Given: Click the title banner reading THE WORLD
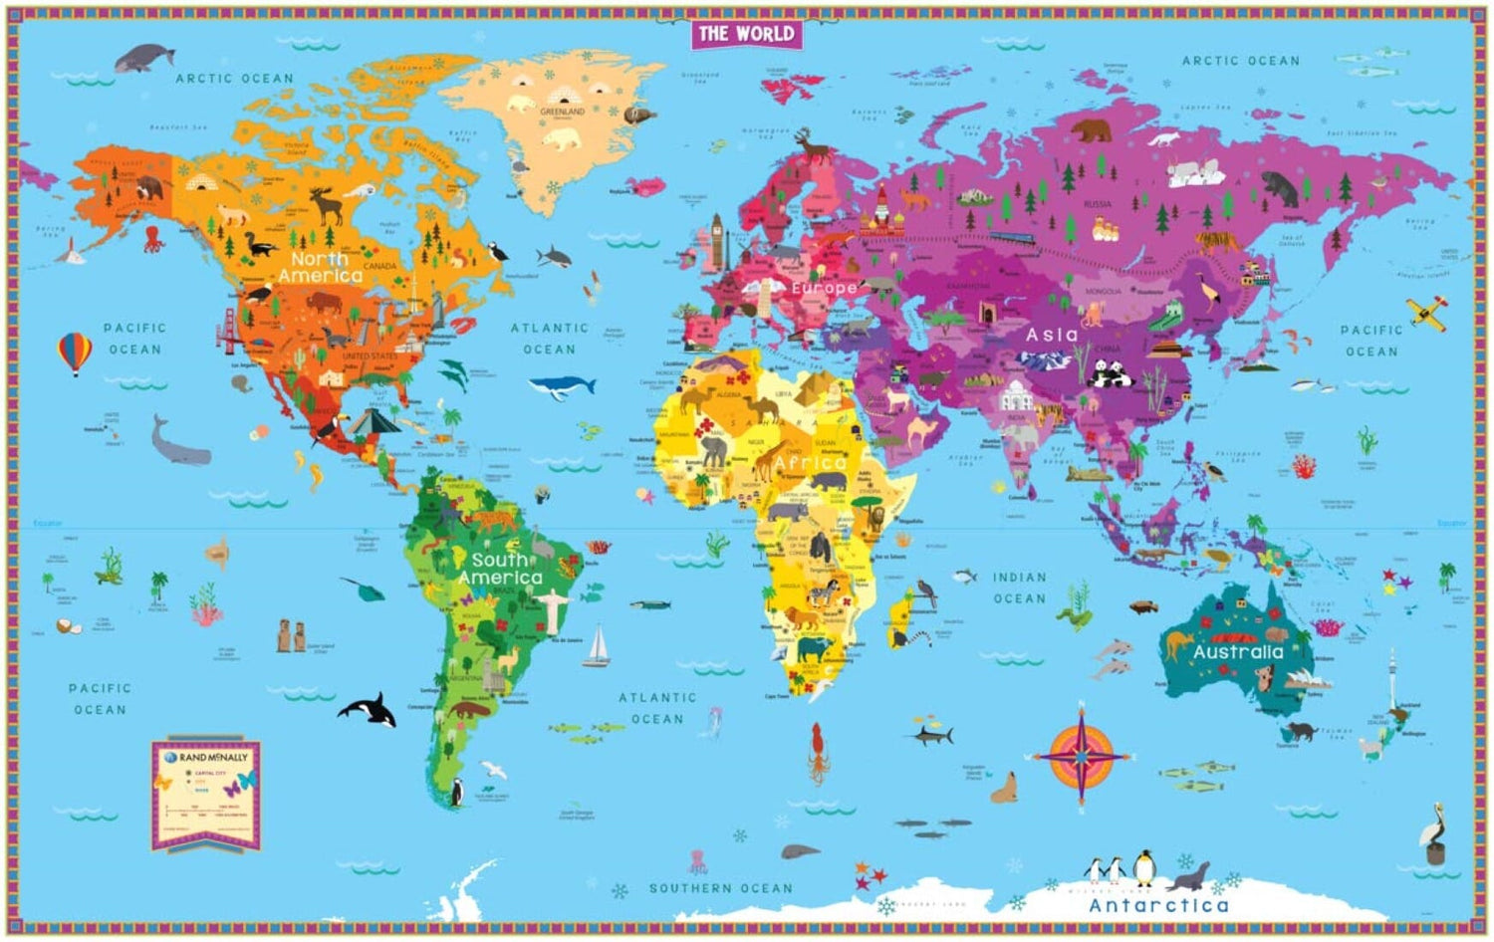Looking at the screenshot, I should (746, 34).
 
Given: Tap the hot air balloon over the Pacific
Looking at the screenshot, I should (75, 353).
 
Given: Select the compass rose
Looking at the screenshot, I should (1082, 753).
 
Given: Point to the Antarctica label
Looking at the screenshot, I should (1158, 905).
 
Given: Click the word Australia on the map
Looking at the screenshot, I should (1238, 652).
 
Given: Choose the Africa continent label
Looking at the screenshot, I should (810, 463).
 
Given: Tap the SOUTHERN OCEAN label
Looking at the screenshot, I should (721, 888).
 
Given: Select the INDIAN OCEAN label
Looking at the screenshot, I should (1019, 588).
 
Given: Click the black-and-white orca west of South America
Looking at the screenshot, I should (368, 709).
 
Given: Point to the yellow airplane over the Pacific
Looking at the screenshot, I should (1427, 312).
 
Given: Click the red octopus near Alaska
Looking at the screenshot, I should (152, 239).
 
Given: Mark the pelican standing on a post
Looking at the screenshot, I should (1433, 831).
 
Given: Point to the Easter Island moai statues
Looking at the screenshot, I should (291, 635).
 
